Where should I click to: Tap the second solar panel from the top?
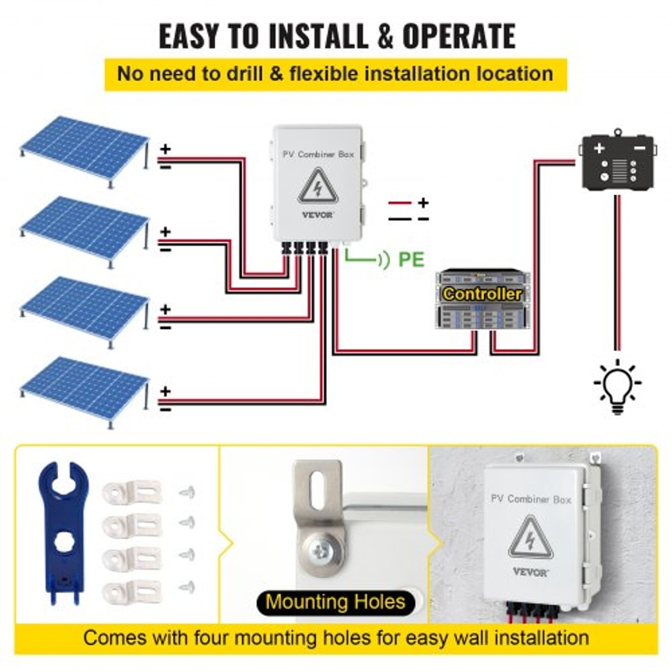(x=84, y=225)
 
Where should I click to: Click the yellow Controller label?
(x=482, y=294)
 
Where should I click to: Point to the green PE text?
(x=411, y=259)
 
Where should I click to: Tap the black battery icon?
(x=618, y=161)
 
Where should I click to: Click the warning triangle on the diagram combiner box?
(x=315, y=186)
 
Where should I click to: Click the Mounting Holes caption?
(x=335, y=601)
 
